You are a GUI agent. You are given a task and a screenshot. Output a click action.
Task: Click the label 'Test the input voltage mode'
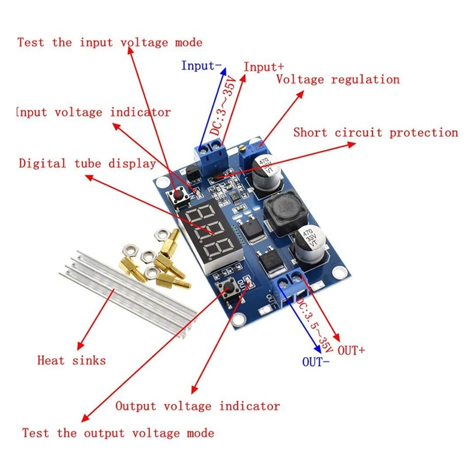(109, 43)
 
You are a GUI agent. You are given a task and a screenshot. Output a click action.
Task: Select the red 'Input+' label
(264, 67)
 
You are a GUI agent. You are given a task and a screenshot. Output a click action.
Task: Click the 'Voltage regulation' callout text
(337, 80)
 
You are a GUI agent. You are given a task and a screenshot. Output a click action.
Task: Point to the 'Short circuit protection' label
(375, 133)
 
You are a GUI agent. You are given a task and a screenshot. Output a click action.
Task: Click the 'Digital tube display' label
(87, 164)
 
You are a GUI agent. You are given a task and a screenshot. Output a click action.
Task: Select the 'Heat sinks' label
(71, 360)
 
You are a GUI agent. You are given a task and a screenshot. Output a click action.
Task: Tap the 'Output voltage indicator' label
(197, 406)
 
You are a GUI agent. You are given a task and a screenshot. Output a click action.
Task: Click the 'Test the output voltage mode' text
(118, 433)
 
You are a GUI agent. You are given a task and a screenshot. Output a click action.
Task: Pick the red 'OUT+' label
(351, 351)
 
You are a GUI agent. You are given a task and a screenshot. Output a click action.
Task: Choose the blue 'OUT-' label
(316, 361)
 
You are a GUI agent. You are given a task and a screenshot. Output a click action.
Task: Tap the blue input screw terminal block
(211, 154)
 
